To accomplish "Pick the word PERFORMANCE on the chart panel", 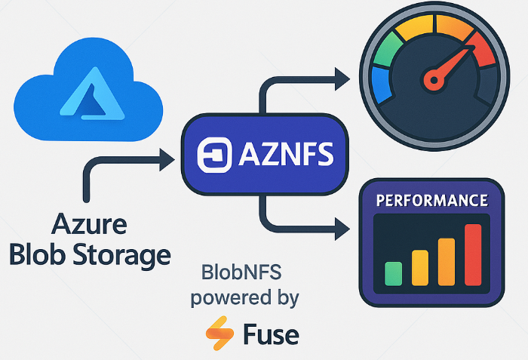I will tap(431, 202).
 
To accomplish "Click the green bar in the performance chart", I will tap(393, 273).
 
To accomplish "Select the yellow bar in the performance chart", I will tap(419, 267).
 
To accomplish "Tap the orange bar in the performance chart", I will tap(446, 261).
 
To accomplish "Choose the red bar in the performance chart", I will tap(473, 254).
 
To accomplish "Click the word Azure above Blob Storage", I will tap(89, 224).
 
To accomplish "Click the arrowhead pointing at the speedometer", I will tap(343, 75).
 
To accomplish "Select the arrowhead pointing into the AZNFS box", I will tap(167, 157).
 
